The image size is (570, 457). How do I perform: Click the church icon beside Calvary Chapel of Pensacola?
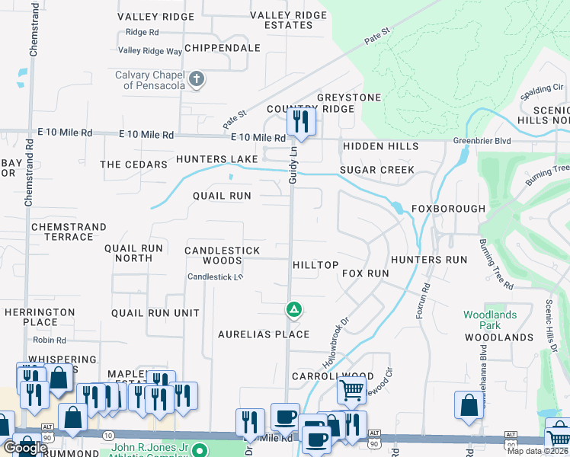[197, 79]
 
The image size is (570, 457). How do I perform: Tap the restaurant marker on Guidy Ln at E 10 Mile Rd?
[301, 121]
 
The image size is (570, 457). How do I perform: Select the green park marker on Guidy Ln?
[293, 309]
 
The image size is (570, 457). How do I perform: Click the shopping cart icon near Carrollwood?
[351, 391]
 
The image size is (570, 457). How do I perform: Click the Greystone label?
[348, 97]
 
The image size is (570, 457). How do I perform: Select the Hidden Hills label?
[380, 146]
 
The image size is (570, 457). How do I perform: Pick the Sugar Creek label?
[376, 170]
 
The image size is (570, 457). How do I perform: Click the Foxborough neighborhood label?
[448, 209]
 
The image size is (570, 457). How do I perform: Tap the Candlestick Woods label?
[223, 255]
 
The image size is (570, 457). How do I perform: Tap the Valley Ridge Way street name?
[150, 51]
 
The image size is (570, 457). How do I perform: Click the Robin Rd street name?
[50, 340]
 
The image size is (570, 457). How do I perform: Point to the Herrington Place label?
[40, 318]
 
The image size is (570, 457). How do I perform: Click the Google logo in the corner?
[24, 448]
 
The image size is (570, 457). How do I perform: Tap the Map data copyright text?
[536, 451]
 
